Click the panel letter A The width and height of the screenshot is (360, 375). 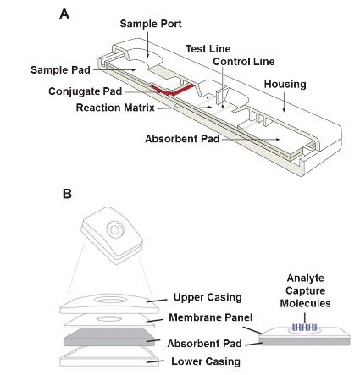(64, 14)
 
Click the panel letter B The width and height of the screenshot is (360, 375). (67, 194)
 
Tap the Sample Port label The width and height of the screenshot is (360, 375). (151, 24)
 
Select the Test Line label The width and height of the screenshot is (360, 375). (208, 49)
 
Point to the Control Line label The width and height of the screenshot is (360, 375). (244, 62)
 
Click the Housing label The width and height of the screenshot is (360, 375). (285, 85)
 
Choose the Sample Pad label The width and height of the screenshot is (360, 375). (60, 70)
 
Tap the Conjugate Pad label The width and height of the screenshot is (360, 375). (86, 91)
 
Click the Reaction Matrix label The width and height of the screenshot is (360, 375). (115, 108)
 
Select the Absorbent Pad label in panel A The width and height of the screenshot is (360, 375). (182, 139)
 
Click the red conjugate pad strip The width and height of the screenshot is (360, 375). (172, 91)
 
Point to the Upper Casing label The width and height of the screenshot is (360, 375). (208, 297)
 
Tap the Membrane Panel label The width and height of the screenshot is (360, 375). (211, 317)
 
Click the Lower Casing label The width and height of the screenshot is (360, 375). (206, 361)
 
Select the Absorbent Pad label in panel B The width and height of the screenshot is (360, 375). (204, 344)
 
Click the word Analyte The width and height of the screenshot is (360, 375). (305, 278)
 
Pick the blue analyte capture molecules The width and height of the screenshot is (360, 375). (305, 328)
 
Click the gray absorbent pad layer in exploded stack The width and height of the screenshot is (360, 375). (108, 337)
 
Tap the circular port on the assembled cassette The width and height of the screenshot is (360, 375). (114, 229)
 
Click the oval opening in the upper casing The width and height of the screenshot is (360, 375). (110, 300)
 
